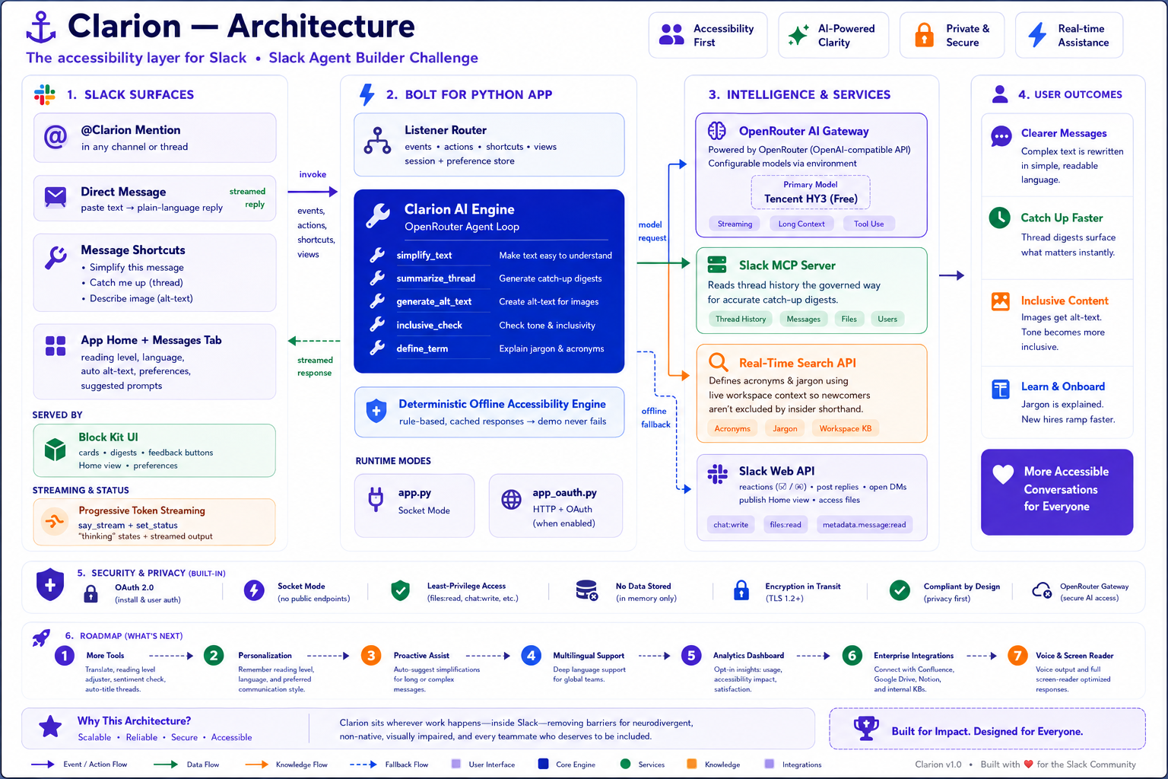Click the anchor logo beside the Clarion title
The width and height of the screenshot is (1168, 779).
(40, 27)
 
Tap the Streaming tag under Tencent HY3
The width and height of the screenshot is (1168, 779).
(735, 224)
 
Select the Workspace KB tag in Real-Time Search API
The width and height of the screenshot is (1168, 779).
(846, 428)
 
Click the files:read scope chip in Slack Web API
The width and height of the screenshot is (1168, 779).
(786, 524)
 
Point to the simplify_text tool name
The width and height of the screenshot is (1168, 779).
(424, 255)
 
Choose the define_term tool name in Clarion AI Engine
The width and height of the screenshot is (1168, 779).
(422, 348)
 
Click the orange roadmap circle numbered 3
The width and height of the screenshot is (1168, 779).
(371, 655)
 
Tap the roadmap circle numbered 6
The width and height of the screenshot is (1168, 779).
(852, 655)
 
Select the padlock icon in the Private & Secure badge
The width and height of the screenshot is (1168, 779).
(924, 35)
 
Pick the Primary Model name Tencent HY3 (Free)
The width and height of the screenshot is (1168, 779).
(811, 199)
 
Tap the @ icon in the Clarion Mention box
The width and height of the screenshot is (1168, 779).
(56, 137)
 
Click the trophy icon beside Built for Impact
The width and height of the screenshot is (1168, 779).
(866, 728)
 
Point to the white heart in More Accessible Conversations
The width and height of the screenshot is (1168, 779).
(1003, 474)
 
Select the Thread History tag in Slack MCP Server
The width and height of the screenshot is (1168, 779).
(741, 319)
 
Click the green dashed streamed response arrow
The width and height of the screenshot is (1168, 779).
(314, 341)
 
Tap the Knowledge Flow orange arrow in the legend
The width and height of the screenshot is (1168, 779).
(256, 765)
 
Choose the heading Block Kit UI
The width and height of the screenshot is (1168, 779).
(108, 437)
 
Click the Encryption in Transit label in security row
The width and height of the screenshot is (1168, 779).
(803, 586)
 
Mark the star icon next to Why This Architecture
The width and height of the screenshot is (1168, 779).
(50, 727)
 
